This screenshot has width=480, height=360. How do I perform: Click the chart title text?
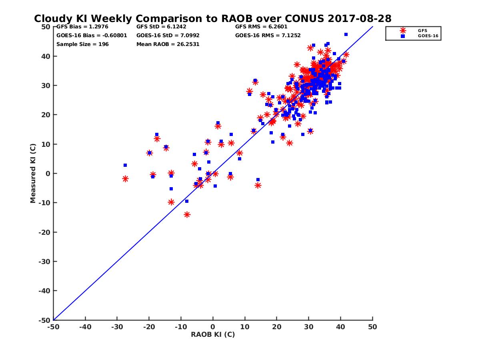tap(212, 19)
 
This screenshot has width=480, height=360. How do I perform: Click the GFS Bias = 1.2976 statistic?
tap(79, 27)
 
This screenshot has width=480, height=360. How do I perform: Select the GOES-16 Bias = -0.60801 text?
tap(92, 35)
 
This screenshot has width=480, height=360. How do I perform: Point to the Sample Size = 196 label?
tap(82, 44)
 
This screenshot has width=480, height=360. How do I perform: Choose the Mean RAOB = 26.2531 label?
tap(168, 44)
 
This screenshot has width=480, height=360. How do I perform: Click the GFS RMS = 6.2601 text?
tap(261, 27)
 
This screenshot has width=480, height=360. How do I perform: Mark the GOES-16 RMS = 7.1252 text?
tap(268, 35)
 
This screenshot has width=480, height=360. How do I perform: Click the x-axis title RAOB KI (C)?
tap(213, 334)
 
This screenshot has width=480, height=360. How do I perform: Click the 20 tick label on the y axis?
tap(46, 115)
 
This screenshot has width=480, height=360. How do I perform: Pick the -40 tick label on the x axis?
tap(85, 327)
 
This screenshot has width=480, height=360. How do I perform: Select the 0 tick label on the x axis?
tap(213, 327)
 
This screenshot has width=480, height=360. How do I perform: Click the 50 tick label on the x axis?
tap(372, 327)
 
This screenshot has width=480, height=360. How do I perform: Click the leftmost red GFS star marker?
tap(125, 179)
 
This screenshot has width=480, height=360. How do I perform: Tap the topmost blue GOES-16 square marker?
tap(346, 34)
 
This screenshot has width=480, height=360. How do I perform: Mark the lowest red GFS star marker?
tap(187, 215)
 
